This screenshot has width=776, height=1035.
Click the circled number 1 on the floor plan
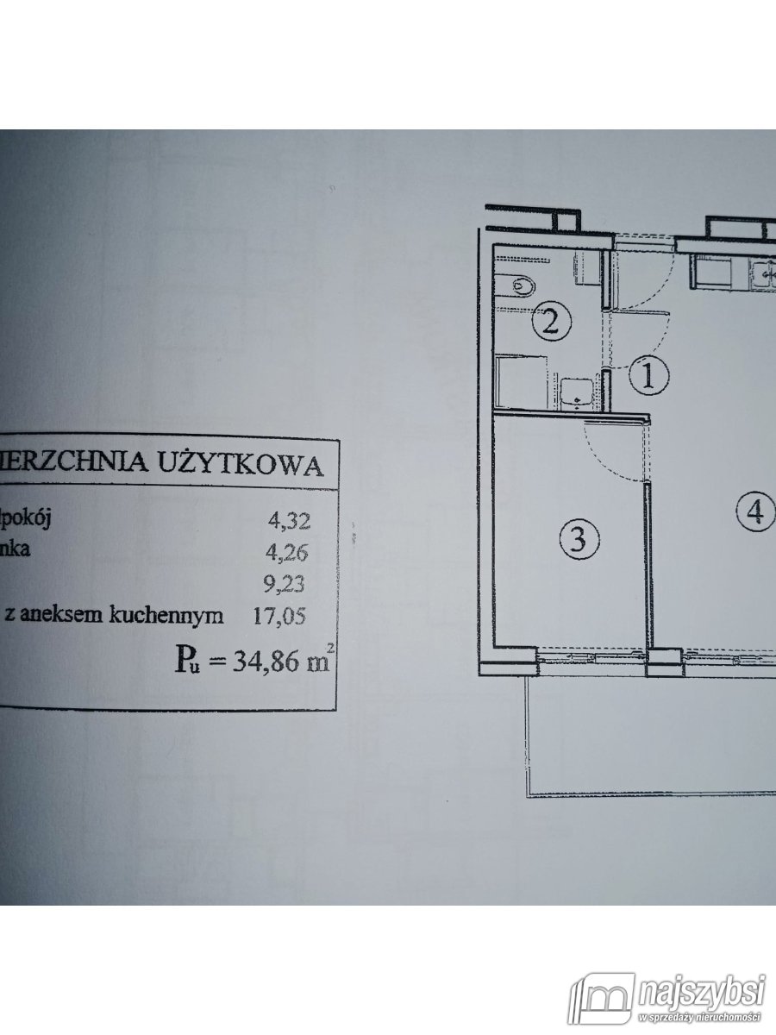[650, 375]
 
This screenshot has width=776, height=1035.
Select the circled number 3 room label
[579, 540]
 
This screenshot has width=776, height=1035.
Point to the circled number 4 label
[754, 512]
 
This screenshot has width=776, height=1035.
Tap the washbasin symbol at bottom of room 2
[575, 393]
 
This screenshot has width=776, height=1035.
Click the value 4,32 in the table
[289, 520]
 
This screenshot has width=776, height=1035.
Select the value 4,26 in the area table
[289, 551]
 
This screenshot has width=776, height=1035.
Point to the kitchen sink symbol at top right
[763, 275]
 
